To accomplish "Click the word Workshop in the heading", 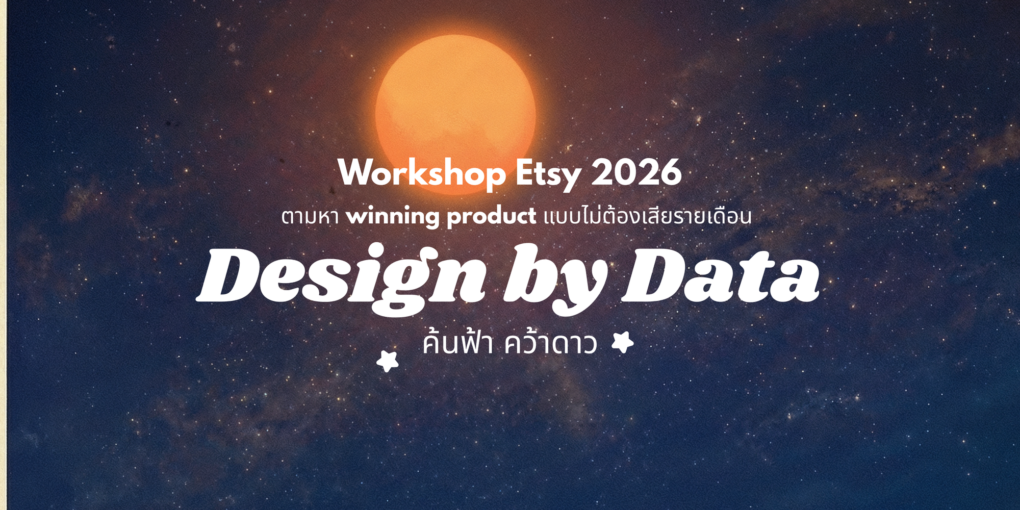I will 421,173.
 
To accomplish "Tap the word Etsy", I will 548,173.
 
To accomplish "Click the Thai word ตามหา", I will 310,217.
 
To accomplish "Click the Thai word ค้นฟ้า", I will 457,344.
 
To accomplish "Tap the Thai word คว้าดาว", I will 551,344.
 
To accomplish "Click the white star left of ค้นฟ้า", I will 388,361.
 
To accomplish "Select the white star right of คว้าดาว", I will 623,342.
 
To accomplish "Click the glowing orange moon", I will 455,102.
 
